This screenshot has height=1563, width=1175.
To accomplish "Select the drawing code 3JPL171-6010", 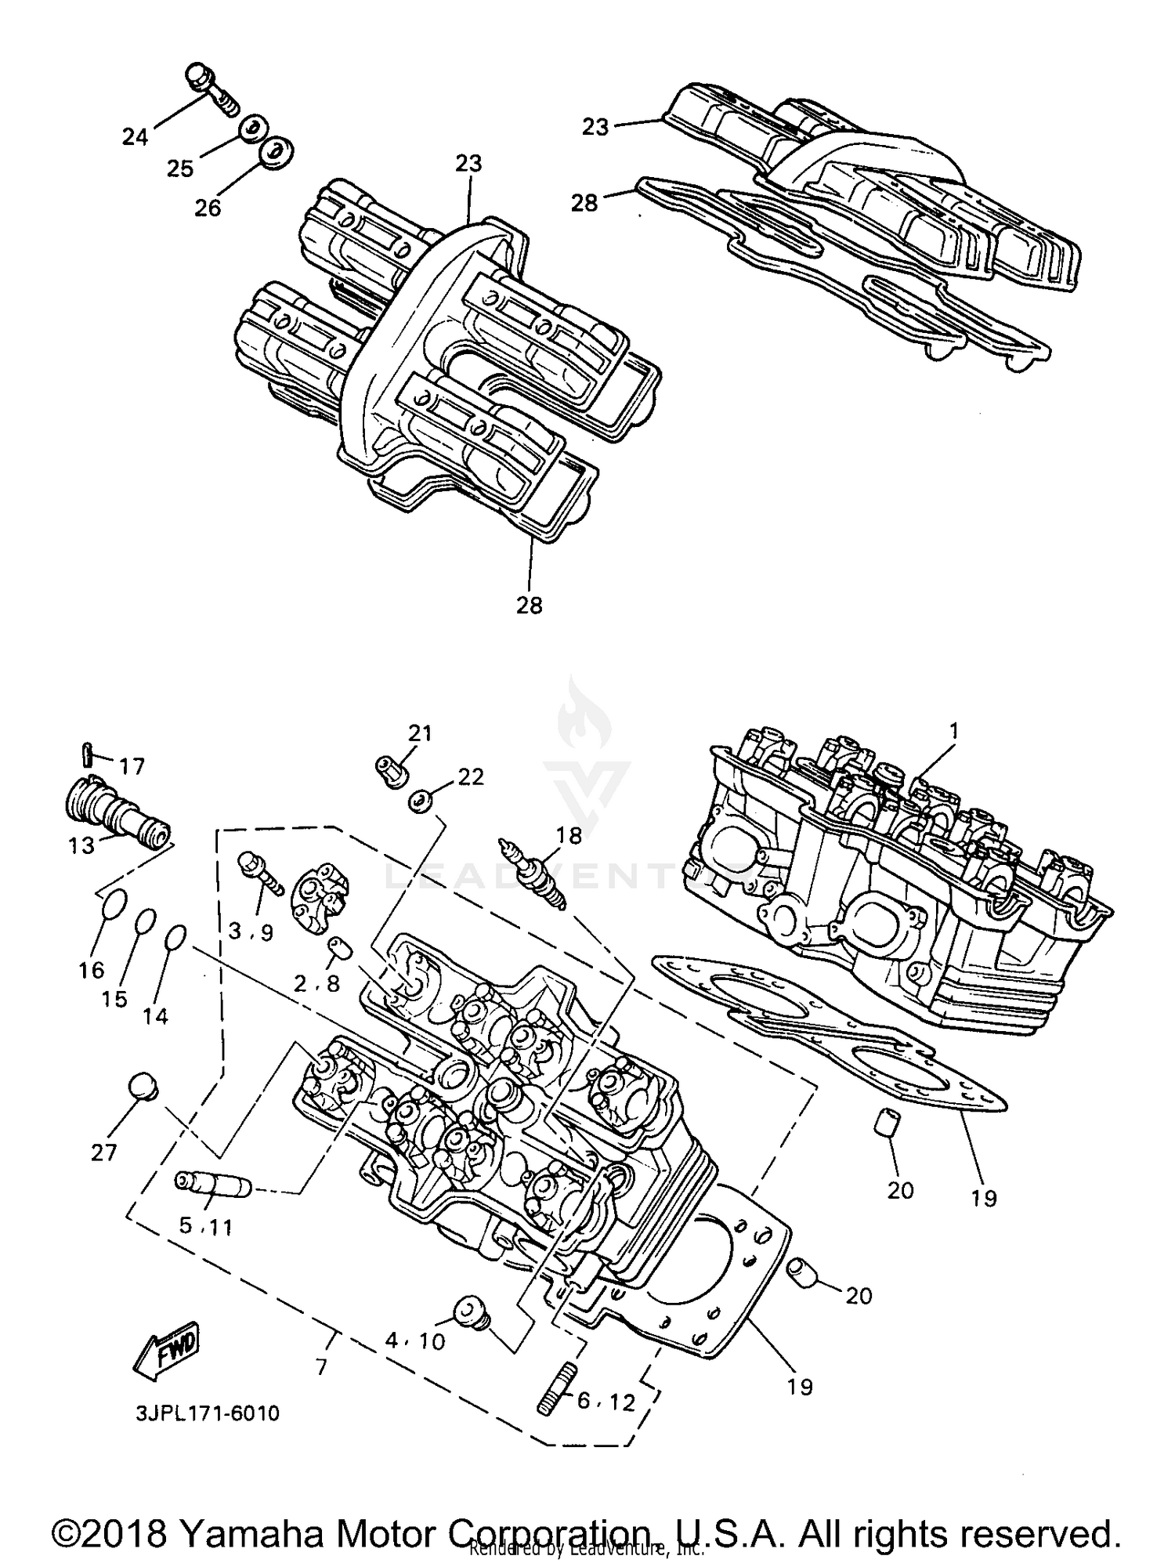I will tap(207, 1414).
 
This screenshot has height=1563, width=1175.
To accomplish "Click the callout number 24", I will tap(135, 137).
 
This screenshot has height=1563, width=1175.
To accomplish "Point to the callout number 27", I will tap(103, 1152).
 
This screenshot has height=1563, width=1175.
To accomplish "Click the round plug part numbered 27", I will tap(142, 1087).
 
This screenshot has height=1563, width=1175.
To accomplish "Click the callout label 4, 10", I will tap(415, 1341).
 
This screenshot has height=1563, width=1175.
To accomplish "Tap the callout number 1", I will tap(953, 731).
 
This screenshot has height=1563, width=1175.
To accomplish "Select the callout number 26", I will tap(208, 208).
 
